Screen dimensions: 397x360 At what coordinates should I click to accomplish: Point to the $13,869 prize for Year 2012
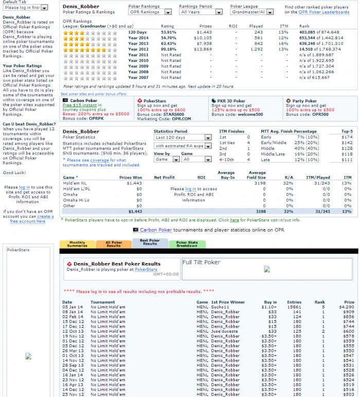click(x=205, y=49)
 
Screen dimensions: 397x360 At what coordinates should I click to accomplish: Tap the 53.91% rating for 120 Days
click(x=168, y=32)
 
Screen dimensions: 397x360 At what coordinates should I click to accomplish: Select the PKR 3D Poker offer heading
click(x=232, y=101)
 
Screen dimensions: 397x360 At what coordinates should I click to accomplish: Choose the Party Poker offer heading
click(x=304, y=101)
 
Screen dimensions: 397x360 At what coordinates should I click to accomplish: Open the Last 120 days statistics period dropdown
click(x=183, y=137)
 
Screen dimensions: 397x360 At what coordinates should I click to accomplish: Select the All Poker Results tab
click(x=113, y=244)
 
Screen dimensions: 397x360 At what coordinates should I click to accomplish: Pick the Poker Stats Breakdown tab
click(x=187, y=244)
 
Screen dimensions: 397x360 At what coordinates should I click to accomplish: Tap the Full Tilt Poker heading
click(x=202, y=263)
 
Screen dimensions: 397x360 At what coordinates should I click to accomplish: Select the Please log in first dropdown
click(x=26, y=8)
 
